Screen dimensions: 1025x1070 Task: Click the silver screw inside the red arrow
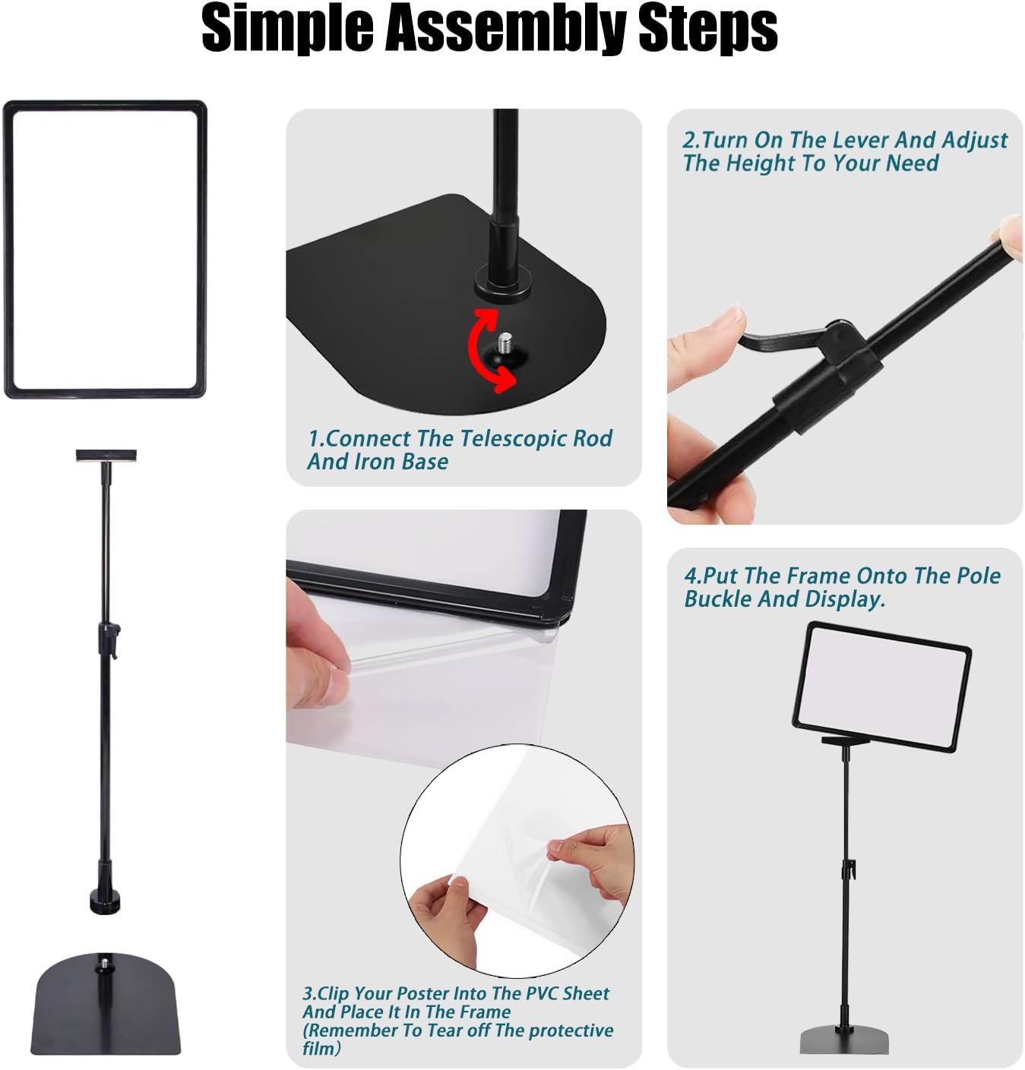[x=505, y=344]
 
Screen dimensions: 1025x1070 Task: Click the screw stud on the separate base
[x=103, y=965]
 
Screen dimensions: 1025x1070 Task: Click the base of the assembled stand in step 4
[x=844, y=1039]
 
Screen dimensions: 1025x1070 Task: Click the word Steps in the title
[x=707, y=27]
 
